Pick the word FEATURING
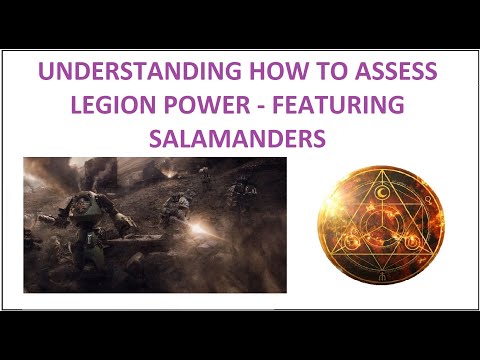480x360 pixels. (x=321, y=105)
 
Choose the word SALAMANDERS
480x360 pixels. (x=241, y=138)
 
